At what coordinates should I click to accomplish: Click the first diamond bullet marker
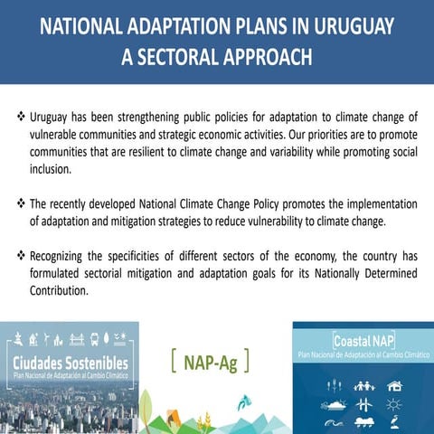point(22,118)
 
